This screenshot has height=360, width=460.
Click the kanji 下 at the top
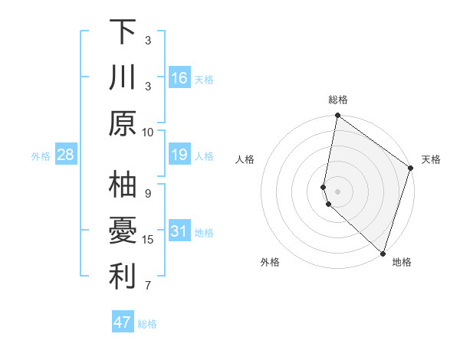click(x=123, y=32)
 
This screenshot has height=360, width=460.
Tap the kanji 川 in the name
click(x=123, y=78)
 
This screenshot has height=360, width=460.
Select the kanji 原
click(x=123, y=123)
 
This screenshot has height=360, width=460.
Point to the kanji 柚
click(x=123, y=185)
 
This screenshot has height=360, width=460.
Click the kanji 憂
click(x=123, y=232)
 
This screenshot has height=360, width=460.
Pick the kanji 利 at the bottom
click(x=123, y=277)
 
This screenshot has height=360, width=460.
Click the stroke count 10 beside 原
click(x=148, y=131)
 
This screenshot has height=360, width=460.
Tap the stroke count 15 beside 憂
click(x=148, y=240)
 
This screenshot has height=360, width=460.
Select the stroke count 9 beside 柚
click(x=148, y=193)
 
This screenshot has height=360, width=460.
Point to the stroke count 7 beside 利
click(x=148, y=286)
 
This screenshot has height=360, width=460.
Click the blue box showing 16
click(x=179, y=77)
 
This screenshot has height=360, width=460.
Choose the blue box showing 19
click(x=179, y=155)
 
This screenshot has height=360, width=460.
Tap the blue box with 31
click(x=179, y=231)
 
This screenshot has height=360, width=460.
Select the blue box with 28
click(x=66, y=155)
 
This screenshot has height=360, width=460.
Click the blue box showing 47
click(x=123, y=322)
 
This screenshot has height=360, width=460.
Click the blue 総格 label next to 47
click(x=147, y=324)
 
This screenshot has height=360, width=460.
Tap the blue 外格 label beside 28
click(x=41, y=156)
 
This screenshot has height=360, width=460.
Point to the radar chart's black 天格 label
click(x=431, y=159)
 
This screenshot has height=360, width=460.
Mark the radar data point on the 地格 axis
click(x=382, y=253)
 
